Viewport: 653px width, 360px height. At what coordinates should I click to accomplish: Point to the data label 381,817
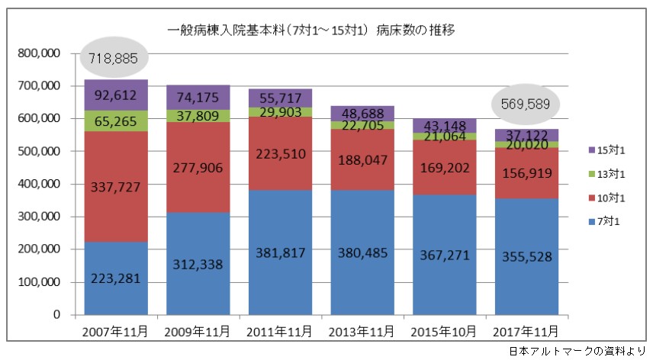(x=279, y=275)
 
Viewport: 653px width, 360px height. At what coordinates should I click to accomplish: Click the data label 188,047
(x=362, y=160)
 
